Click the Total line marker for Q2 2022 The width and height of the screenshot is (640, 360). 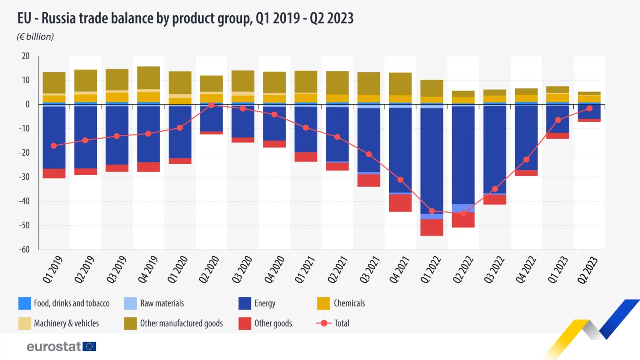(464, 213)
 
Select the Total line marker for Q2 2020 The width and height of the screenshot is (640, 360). (211, 105)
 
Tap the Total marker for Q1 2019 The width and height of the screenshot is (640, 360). (54, 145)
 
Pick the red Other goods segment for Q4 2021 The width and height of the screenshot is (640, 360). (400, 203)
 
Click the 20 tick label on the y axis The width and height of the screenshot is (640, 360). (25, 56)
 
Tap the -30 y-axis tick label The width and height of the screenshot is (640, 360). (23, 177)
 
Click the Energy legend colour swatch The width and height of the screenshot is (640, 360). (245, 303)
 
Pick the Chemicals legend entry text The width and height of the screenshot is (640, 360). (349, 303)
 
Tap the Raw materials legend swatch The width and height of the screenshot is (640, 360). (130, 303)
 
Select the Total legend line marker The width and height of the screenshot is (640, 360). (324, 323)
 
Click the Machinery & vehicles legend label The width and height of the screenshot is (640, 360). (66, 323)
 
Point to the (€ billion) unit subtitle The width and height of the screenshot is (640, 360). (36, 37)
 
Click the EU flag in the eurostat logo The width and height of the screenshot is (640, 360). (90, 346)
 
